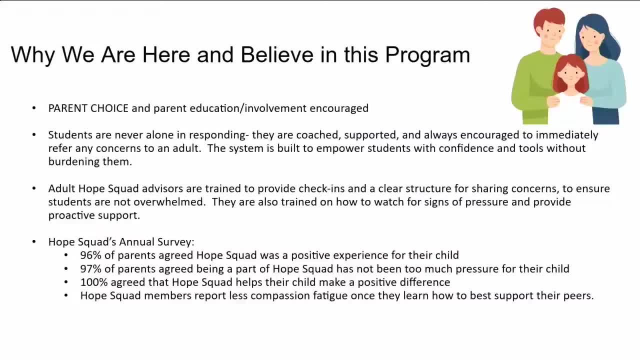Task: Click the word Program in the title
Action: coord(427,55)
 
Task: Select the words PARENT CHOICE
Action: coord(88,108)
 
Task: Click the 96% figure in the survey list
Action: coord(91,255)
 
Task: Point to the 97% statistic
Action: coord(91,268)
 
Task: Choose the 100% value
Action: coord(93,282)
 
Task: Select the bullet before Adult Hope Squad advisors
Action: coord(34,188)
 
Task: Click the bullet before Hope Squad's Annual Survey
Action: coord(34,242)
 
